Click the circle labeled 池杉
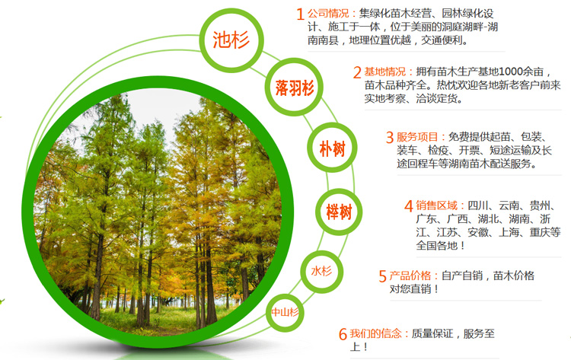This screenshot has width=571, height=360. (231, 40)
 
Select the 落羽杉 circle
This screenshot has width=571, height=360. (294, 88)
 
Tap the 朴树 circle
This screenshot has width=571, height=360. (332, 148)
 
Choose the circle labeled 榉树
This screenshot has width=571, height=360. (339, 212)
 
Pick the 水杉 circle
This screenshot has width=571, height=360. (321, 272)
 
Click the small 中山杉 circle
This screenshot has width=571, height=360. (285, 312)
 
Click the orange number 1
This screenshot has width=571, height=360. (300, 14)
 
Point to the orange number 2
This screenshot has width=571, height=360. (357, 72)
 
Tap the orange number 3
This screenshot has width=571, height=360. (390, 138)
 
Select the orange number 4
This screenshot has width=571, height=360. (409, 206)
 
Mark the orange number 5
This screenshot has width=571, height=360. (382, 276)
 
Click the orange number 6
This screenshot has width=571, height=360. (343, 334)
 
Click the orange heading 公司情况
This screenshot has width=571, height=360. (328, 14)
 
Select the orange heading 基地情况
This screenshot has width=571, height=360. (385, 72)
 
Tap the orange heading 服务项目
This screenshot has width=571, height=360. (417, 137)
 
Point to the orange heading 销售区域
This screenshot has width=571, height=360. (437, 205)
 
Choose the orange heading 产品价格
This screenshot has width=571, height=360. (410, 276)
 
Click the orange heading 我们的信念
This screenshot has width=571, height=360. (376, 333)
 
